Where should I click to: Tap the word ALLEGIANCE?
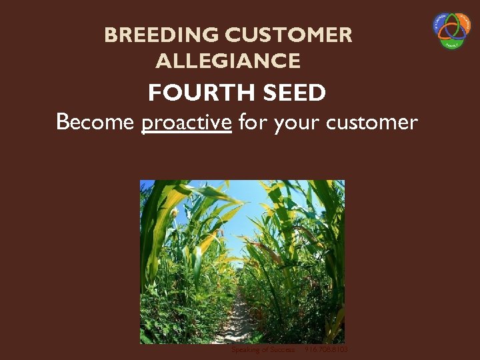pyautogui.click(x=228, y=62)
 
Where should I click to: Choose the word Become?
pyautogui.click(x=96, y=123)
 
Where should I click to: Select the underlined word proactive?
pyautogui.click(x=187, y=123)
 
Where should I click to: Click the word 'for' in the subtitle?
pyautogui.click(x=251, y=123)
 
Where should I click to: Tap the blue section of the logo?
pyautogui.click(x=443, y=24)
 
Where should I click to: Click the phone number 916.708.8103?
pyautogui.click(x=326, y=349)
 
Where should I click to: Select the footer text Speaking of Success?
pyautogui.click(x=263, y=349)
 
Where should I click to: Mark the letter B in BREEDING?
pyautogui.click(x=111, y=35)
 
